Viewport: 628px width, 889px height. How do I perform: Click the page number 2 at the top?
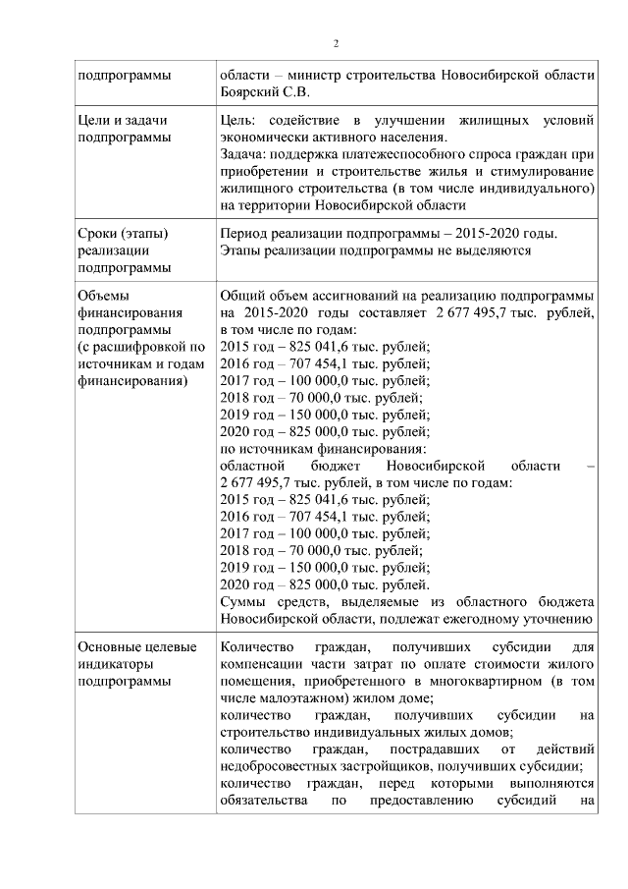[336, 43]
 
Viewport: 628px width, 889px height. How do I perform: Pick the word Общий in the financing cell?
[244, 294]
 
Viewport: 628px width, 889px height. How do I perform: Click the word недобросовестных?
[291, 765]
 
